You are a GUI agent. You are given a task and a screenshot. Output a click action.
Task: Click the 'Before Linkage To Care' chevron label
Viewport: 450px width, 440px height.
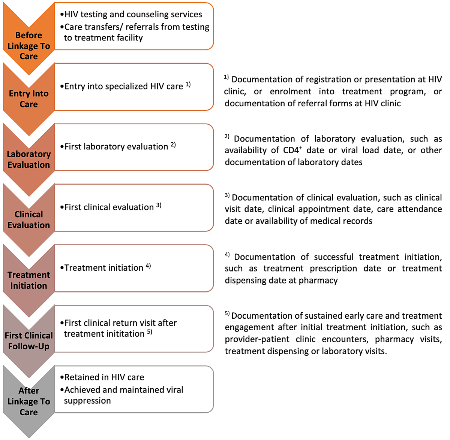pos(28,46)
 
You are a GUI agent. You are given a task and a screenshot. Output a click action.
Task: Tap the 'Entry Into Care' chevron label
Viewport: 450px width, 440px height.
pos(28,99)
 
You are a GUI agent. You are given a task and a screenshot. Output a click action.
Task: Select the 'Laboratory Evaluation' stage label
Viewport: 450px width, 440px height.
pos(28,160)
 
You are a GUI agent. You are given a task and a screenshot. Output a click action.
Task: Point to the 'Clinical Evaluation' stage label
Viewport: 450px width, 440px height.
pos(28,220)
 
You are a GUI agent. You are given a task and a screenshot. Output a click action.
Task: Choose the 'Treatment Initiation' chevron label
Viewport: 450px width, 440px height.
pos(28,280)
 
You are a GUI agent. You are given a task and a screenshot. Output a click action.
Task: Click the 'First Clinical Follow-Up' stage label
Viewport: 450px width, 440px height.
pos(28,341)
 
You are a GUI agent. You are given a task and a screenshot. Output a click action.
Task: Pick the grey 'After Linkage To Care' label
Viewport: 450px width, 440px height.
pos(28,401)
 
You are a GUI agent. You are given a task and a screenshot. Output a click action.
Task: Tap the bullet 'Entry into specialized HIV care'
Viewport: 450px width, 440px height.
pos(123,86)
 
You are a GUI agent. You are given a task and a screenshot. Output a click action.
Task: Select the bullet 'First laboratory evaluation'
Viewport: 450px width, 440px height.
pos(116,146)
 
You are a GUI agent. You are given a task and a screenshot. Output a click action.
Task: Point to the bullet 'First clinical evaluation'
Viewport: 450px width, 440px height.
pos(109,207)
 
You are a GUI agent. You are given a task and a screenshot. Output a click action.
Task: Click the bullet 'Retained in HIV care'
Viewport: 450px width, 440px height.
pos(104,377)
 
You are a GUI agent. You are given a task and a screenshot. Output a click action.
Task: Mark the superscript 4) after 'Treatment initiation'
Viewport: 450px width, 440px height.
pos(148,266)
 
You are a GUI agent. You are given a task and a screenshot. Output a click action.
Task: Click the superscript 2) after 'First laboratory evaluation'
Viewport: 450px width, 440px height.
pos(173,145)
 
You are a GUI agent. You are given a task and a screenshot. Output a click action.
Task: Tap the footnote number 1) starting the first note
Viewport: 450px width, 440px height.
pos(226,77)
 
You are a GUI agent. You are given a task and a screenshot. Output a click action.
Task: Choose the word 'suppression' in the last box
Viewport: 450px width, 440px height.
pos(87,401)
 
